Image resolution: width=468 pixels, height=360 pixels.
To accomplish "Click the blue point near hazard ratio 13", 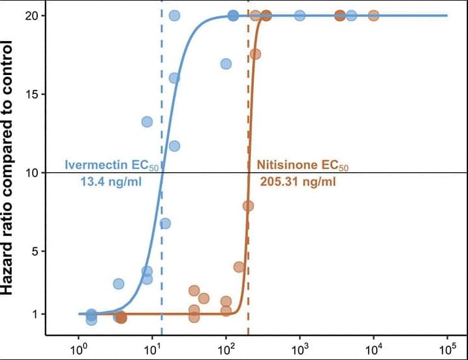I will tap(147, 122).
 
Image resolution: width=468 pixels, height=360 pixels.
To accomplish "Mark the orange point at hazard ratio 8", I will tap(248, 205).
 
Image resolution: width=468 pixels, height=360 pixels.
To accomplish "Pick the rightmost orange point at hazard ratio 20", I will tap(373, 15).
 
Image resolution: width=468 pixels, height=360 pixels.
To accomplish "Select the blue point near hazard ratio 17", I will tap(226, 64).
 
